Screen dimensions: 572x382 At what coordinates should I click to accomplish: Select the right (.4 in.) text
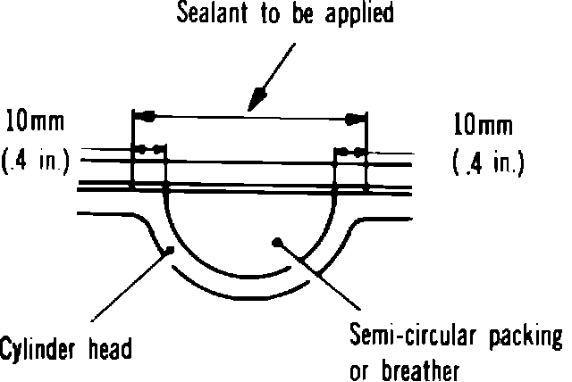pyautogui.click(x=487, y=163)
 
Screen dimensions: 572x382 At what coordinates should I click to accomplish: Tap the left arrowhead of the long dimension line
pyautogui.click(x=146, y=114)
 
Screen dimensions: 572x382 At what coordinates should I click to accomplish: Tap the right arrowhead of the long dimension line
pyautogui.click(x=355, y=117)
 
